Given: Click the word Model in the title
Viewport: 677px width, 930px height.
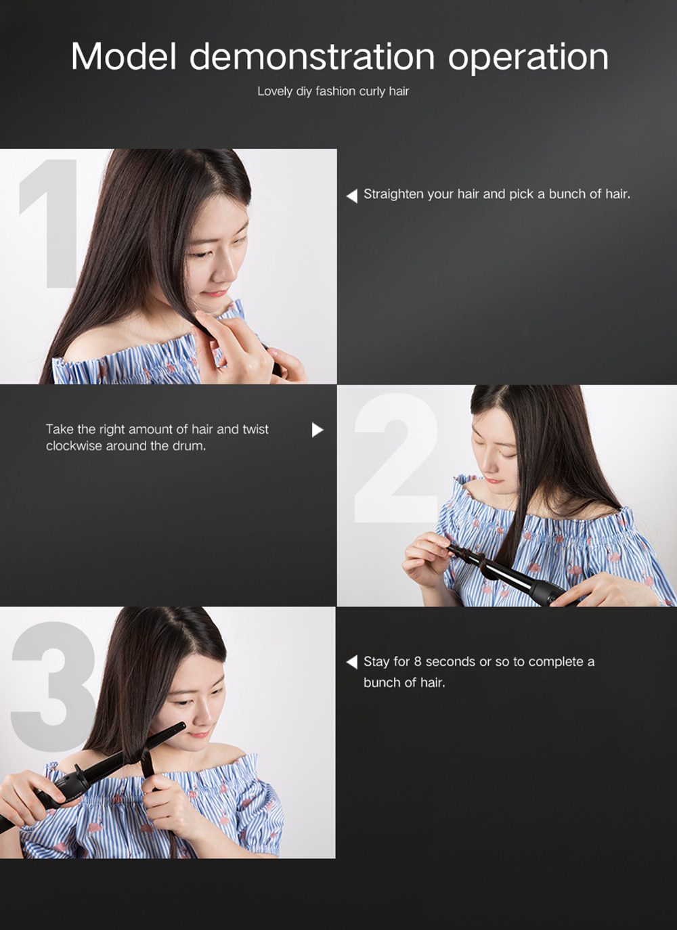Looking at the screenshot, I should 123,56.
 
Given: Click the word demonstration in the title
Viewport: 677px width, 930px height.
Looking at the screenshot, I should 311,56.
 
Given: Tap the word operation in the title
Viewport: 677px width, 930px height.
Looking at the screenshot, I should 528,58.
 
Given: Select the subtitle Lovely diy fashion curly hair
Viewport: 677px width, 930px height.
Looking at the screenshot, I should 333,91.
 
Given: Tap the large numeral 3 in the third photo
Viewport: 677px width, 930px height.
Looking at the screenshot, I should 51,677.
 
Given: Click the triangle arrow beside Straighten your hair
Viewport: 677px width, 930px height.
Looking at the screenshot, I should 351,196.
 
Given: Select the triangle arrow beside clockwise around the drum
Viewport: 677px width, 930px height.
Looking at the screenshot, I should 317,430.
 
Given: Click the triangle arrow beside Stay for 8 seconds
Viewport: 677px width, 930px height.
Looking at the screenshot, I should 351,662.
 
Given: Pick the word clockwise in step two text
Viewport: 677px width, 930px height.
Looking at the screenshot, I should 74,446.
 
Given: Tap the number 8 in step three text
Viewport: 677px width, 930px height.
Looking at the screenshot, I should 417,662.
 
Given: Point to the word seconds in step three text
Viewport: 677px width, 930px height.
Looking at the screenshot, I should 450,662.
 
